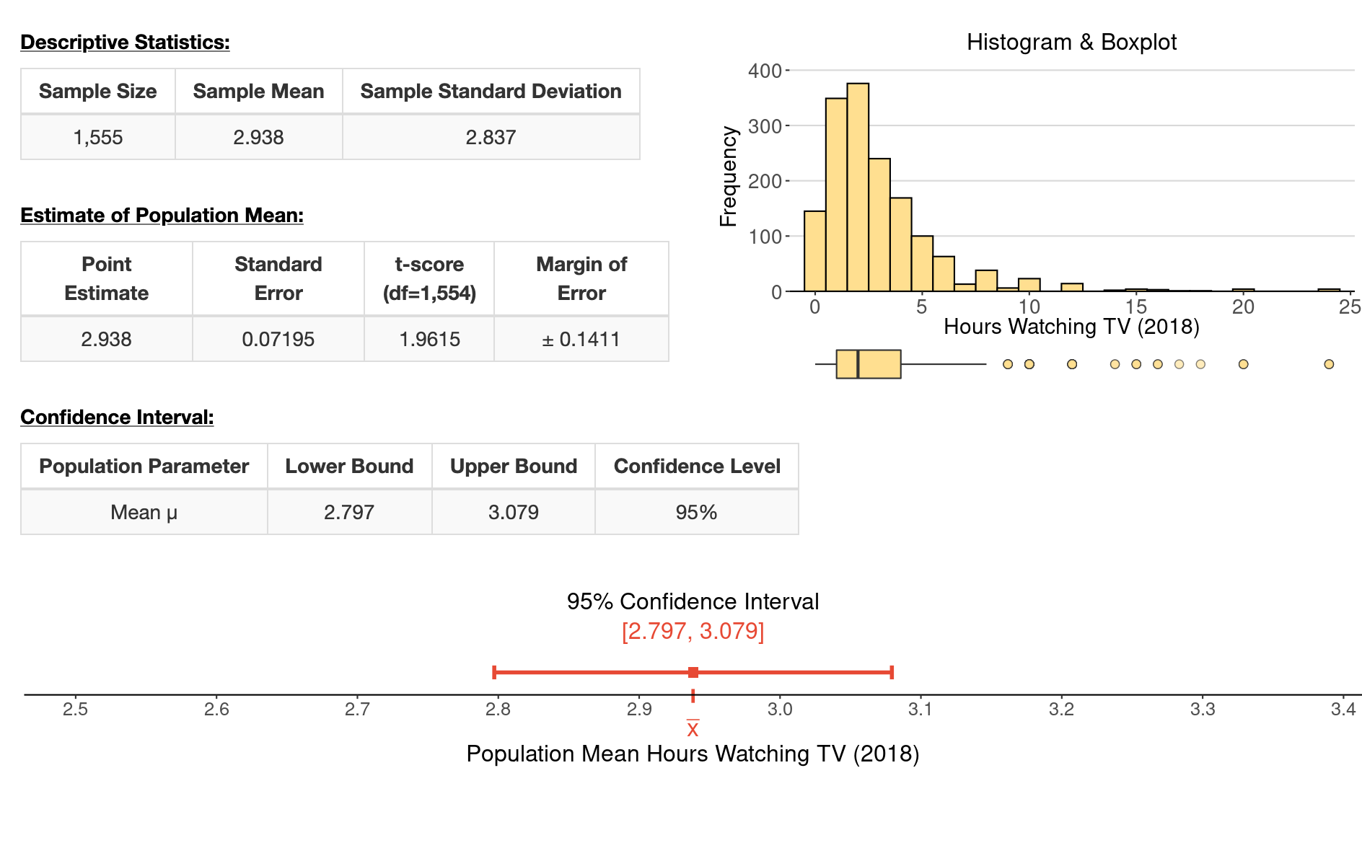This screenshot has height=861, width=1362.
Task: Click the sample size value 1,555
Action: click(98, 137)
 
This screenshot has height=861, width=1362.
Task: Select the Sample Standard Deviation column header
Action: click(491, 92)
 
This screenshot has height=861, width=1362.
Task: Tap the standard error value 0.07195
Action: click(278, 339)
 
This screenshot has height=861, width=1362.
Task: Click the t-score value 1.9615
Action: click(429, 339)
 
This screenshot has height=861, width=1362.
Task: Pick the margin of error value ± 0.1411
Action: click(581, 339)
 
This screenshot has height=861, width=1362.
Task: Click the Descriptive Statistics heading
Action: click(125, 43)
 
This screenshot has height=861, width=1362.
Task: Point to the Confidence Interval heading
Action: click(117, 418)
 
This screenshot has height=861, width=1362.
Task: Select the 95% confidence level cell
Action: click(696, 512)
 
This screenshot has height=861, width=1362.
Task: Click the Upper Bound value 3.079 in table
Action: click(513, 512)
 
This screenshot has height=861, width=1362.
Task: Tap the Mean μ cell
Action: click(144, 512)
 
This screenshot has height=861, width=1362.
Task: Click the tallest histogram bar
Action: click(858, 187)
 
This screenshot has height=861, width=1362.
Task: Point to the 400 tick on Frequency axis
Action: click(765, 71)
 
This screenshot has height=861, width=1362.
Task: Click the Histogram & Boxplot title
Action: click(1071, 43)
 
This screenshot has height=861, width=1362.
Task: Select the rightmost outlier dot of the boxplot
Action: click(1329, 364)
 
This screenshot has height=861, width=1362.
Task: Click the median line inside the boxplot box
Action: click(858, 364)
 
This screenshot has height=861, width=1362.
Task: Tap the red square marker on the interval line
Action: click(693, 673)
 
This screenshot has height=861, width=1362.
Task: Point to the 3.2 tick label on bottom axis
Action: click(1061, 710)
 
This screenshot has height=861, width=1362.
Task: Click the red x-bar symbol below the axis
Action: click(693, 728)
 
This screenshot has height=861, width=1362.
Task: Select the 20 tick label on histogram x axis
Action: click(1243, 307)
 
